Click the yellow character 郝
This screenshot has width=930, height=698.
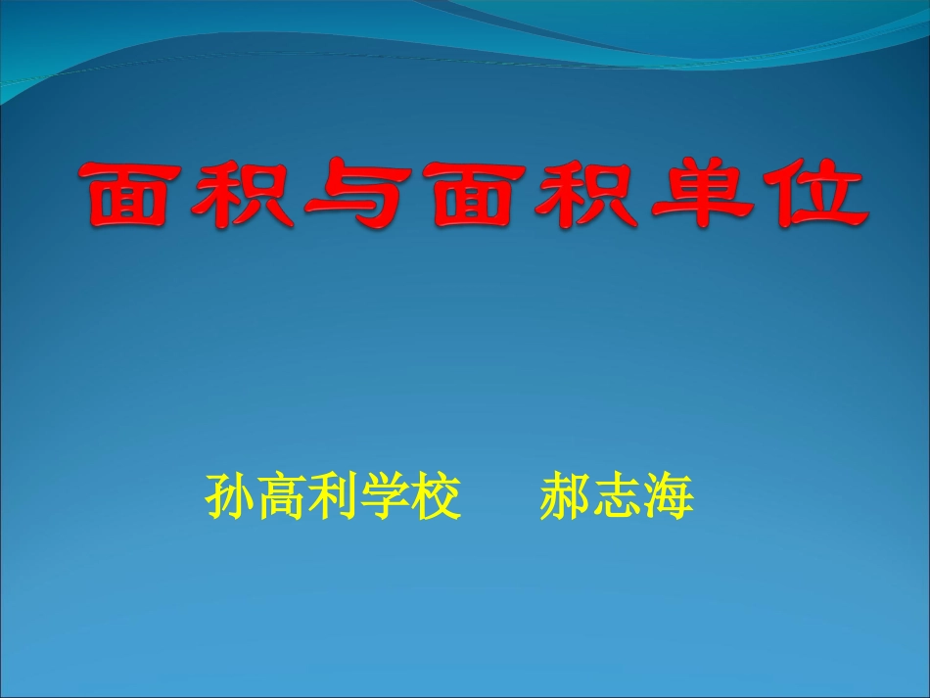[565, 498]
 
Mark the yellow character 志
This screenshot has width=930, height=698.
[617, 498]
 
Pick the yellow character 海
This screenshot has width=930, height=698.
[669, 498]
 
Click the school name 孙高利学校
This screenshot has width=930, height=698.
[333, 498]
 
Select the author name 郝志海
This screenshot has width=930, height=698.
[617, 498]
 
